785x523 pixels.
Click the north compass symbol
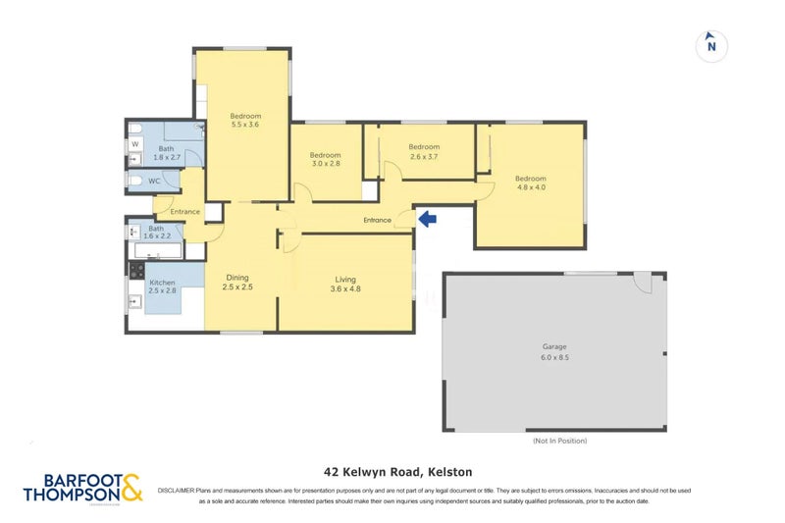711,45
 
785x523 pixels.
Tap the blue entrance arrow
426,219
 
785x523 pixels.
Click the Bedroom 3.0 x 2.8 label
325,160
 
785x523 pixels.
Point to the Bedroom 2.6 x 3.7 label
424,151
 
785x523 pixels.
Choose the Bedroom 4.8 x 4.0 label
530,183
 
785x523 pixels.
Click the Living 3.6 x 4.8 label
344,284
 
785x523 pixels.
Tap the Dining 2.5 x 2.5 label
238,282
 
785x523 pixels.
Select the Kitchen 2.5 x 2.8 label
162,287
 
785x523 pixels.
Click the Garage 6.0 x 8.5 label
554,352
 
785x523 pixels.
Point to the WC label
154,181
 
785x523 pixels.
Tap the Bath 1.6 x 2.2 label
158,233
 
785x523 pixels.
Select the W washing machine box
135,144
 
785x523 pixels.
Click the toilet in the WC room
134,182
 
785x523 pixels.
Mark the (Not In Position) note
559,441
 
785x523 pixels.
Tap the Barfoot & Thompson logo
82,488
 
